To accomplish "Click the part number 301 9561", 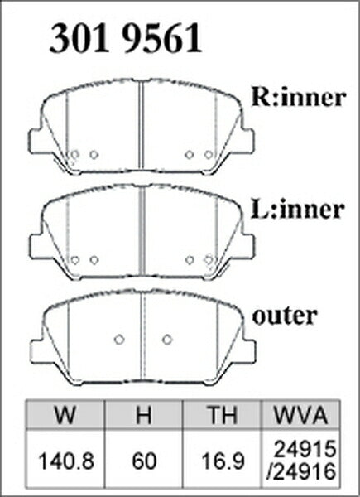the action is click(126, 38).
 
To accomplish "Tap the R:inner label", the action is click(298, 97).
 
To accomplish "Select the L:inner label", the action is click(297, 209).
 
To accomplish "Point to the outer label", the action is click(285, 316).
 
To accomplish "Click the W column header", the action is click(65, 415).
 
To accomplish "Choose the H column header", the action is click(143, 415).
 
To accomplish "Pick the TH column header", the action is click(222, 415).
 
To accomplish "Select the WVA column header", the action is click(300, 415).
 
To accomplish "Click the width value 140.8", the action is click(66, 461).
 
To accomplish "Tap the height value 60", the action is click(144, 461).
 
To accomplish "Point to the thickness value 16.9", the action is click(223, 461).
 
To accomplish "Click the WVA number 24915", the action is click(305, 449).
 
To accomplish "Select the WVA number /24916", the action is click(301, 471).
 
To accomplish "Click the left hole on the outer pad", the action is click(118, 340).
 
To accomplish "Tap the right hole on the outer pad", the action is click(167, 340).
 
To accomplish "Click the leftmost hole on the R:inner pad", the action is click(74, 155).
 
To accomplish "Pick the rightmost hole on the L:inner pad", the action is click(209, 260).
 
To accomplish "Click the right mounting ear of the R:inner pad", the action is click(247, 141).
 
